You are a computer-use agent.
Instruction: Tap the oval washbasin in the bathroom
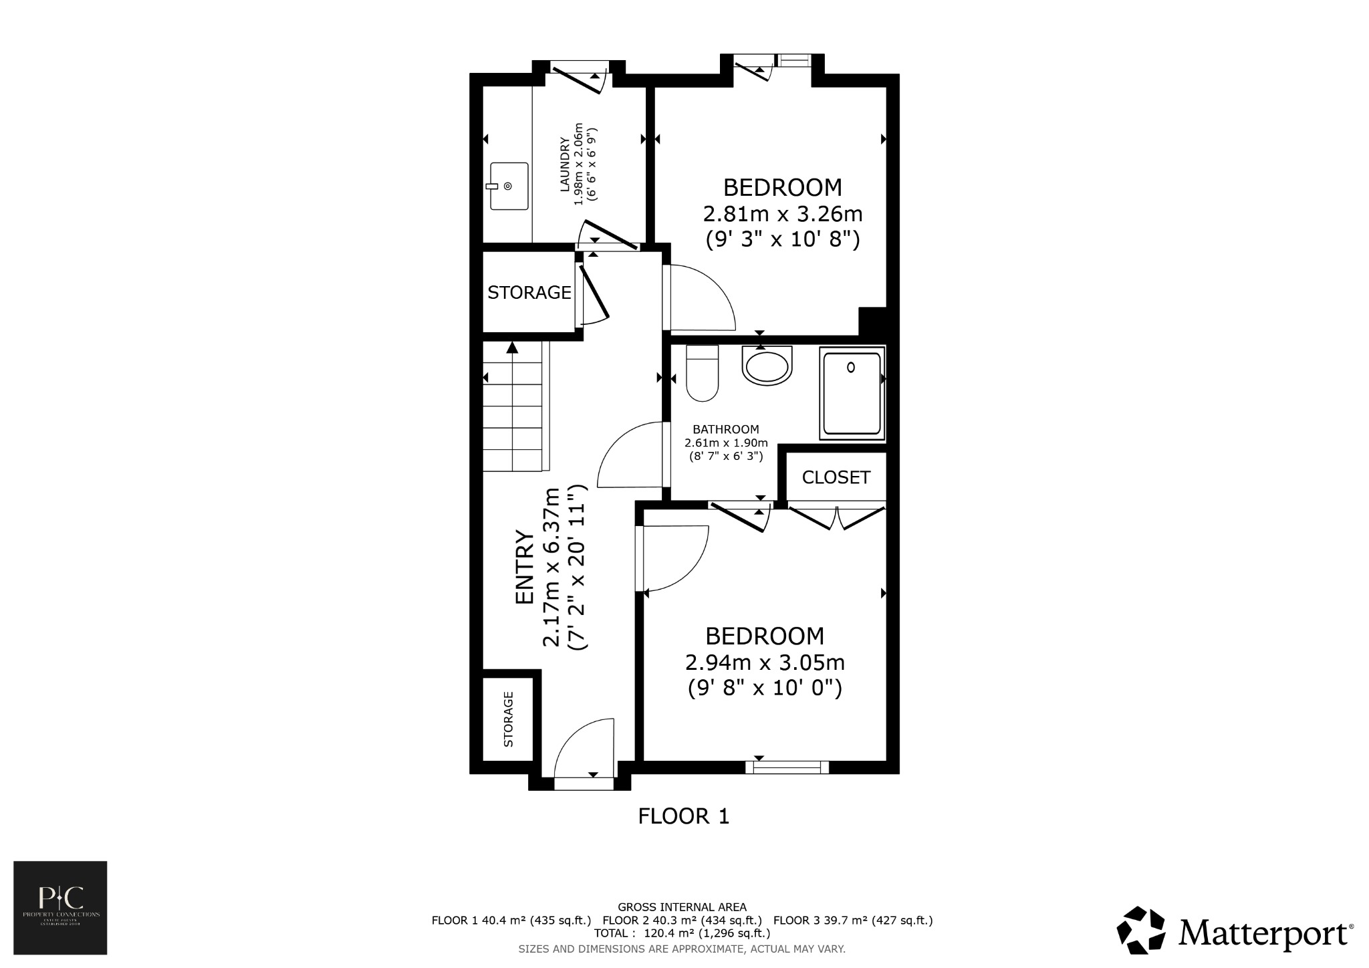pyautogui.click(x=767, y=366)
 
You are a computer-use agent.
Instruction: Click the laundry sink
pyautogui.click(x=509, y=186)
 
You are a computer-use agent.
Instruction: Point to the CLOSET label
pyautogui.click(x=836, y=477)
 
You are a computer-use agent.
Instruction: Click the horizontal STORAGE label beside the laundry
pyautogui.click(x=529, y=293)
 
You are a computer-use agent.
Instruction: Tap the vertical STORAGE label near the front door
pyautogui.click(x=508, y=719)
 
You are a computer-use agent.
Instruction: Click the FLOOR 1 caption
pyautogui.click(x=683, y=816)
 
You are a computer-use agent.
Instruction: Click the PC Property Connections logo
pyautogui.click(x=60, y=907)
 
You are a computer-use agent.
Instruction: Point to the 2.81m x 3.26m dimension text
pyautogui.click(x=782, y=215)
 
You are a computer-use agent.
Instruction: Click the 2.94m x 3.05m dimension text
pyautogui.click(x=765, y=663)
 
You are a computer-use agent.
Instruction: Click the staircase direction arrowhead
pyautogui.click(x=512, y=347)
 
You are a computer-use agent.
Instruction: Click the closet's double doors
pyautogui.click(x=837, y=518)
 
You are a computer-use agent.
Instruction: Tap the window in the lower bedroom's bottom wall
pyautogui.click(x=787, y=767)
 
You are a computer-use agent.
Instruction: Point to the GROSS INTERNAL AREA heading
pyautogui.click(x=682, y=907)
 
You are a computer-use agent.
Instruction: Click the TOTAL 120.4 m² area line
pyautogui.click(x=682, y=933)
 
